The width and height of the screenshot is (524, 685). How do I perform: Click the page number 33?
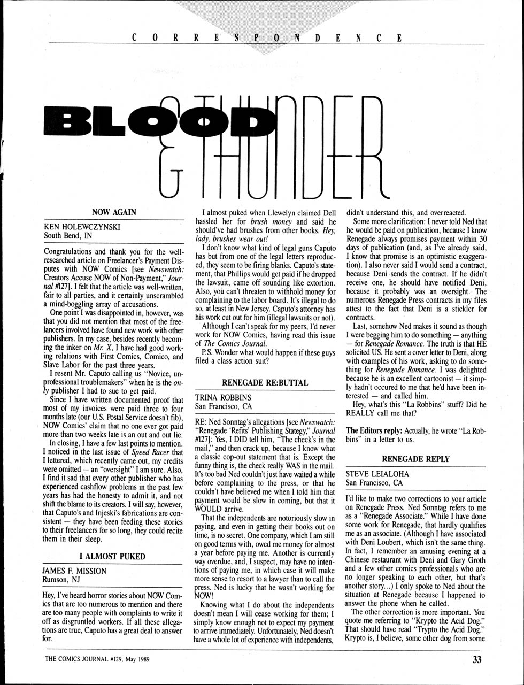click(477, 659)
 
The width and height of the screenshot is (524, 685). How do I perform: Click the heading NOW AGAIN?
click(114, 212)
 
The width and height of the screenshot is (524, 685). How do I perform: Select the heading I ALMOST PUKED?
click(112, 556)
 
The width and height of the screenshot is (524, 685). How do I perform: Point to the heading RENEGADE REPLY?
click(415, 459)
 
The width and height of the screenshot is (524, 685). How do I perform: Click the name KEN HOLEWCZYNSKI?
click(82, 227)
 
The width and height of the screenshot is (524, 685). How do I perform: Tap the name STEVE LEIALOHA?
click(377, 474)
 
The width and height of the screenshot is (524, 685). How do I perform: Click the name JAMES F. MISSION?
click(74, 571)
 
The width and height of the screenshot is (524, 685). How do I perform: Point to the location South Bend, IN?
click(68, 235)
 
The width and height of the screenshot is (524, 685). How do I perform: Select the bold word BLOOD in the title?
click(155, 121)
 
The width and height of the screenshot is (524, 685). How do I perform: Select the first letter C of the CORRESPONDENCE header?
click(134, 37)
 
